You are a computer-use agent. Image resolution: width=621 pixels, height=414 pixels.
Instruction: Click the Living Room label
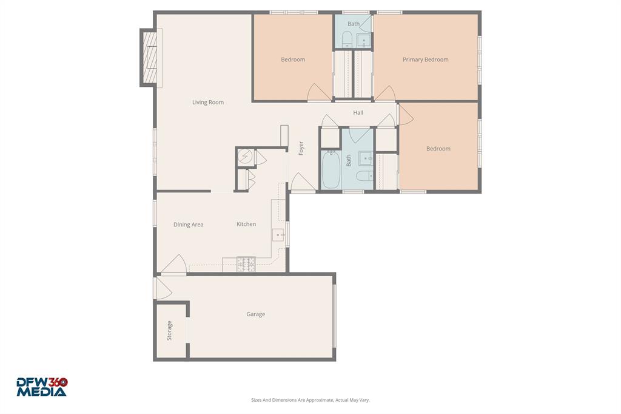[208, 103]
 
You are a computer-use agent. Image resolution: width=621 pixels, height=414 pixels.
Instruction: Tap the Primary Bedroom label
[425, 59]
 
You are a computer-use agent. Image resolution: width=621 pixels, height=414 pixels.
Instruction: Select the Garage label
[255, 314]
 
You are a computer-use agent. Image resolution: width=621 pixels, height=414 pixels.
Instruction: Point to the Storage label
[170, 330]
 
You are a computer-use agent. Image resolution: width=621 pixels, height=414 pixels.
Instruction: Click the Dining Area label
[188, 225]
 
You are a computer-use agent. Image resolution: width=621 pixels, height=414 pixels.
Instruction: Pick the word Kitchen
[246, 224]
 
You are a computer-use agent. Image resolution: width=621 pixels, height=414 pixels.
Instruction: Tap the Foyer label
[301, 148]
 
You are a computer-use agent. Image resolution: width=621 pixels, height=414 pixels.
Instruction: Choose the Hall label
[358, 112]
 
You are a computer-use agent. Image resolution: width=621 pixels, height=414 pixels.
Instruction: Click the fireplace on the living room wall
[149, 58]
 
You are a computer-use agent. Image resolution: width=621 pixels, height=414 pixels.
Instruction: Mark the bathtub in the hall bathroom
[331, 169]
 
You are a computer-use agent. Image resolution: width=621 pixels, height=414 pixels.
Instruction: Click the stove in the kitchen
[246, 264]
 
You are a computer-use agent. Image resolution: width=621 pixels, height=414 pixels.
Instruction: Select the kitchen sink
[278, 234]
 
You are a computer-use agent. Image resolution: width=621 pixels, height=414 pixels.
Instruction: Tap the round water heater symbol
[245, 157]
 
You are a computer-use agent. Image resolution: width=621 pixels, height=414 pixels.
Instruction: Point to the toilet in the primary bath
[347, 39]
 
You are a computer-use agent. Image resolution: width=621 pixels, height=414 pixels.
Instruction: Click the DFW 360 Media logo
[41, 387]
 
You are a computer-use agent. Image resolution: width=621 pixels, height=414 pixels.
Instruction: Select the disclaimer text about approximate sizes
[310, 400]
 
